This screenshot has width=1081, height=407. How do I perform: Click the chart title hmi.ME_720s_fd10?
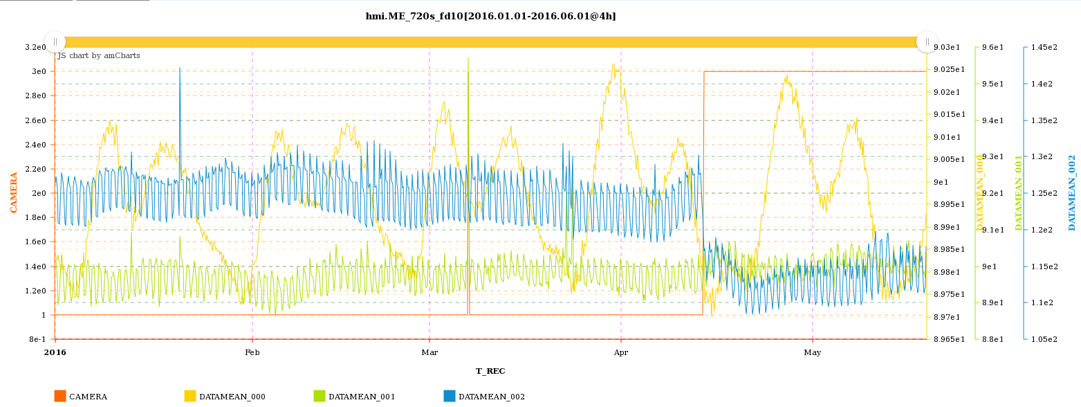490,16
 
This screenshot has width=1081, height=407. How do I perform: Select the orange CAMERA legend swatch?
60,396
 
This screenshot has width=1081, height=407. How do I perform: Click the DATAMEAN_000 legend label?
232,397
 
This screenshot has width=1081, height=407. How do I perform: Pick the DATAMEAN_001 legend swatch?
320,396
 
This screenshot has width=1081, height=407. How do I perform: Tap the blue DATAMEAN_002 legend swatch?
450,396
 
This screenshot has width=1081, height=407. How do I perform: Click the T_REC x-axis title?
490,371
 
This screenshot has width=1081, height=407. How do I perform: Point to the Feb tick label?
252,352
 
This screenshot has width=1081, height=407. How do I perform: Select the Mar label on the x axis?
429,352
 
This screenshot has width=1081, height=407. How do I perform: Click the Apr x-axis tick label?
621,352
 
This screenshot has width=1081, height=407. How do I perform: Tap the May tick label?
813,352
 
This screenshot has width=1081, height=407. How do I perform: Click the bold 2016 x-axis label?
55,352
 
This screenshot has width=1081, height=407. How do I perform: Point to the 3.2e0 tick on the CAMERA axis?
35,47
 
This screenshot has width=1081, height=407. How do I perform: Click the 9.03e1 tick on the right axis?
947,47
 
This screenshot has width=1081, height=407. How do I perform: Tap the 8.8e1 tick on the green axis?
994,339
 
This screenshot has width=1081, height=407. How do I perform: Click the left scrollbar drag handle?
55,42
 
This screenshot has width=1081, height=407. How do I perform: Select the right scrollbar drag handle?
927,42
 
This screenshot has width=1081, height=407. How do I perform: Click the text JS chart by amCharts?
98,55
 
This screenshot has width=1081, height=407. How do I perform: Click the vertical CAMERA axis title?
14,192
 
